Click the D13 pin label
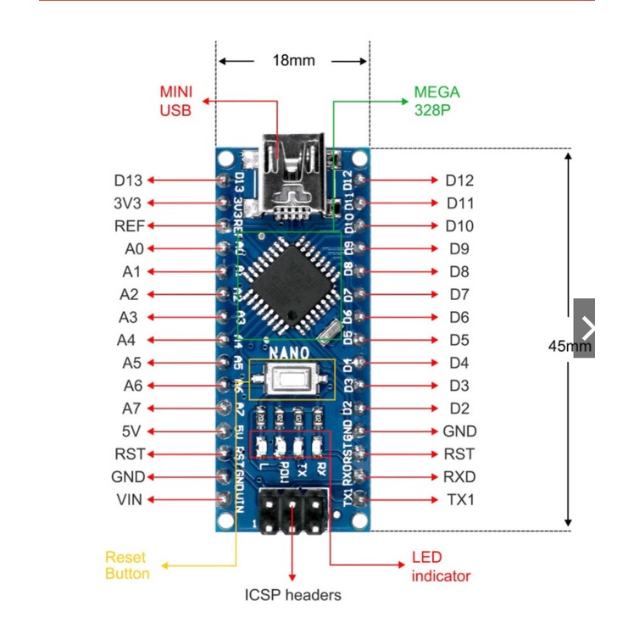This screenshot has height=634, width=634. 128,181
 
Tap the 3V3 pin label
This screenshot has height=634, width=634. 128,203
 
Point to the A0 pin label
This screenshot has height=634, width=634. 132,249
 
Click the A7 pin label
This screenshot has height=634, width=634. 131,409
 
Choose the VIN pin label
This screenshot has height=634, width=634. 129,500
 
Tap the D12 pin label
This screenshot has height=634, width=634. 459,181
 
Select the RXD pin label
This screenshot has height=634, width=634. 459,477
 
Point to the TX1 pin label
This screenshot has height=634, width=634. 460,500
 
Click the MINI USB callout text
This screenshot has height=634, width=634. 175,101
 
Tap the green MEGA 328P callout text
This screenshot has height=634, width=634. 437,101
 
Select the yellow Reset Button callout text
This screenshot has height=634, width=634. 126,565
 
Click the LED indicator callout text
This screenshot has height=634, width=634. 441,567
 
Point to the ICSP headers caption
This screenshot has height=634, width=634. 292,595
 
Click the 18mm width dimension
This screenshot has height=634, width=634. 293,61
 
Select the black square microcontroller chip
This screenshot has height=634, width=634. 292,282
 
